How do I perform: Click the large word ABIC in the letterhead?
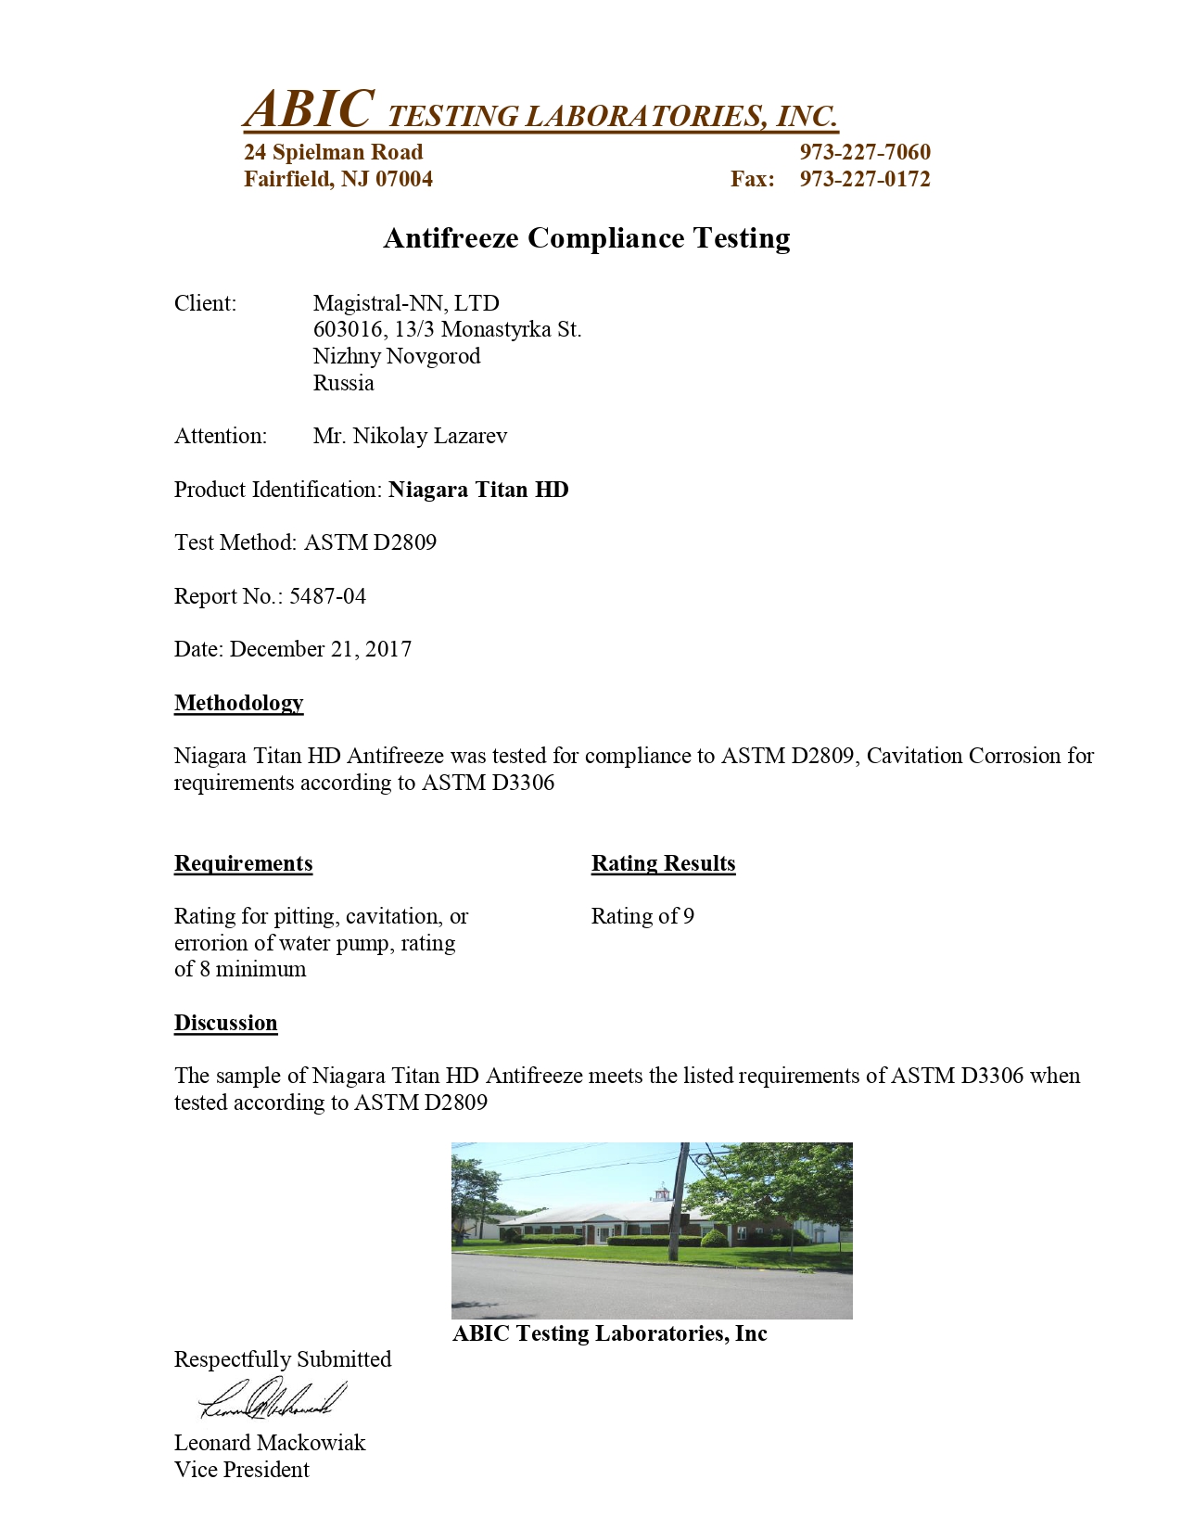[310, 109]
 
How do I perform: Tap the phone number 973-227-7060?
[864, 152]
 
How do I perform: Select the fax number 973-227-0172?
[864, 179]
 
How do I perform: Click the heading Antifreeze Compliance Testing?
[587, 238]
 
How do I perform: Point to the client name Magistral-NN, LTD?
[406, 303]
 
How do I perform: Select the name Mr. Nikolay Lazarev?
[410, 436]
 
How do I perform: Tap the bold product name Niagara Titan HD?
[478, 490]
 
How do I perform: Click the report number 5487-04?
[327, 596]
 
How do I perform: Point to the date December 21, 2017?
[321, 649]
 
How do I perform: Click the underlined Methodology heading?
[238, 703]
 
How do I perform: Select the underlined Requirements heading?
[243, 863]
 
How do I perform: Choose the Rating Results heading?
[663, 863]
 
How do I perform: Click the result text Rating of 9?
[642, 916]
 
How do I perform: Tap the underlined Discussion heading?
[225, 1023]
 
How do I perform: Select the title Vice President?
[242, 1470]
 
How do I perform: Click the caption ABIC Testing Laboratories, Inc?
[610, 1333]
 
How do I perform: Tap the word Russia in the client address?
[343, 383]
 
